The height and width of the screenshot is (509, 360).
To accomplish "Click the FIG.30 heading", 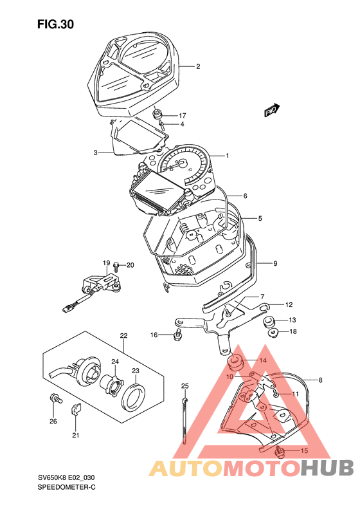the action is tap(55, 24).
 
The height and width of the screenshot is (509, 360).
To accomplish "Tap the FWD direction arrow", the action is tap(272, 110).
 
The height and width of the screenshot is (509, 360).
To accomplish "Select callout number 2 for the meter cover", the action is tap(197, 66).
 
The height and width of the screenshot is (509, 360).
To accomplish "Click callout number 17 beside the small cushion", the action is tap(182, 115).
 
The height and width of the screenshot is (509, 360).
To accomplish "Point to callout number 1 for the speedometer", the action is tap(228, 156).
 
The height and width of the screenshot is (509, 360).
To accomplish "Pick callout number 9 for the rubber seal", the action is tap(275, 263).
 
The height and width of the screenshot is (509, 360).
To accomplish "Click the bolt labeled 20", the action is tap(116, 266).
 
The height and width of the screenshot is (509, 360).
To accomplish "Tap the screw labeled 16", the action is tap(177, 335).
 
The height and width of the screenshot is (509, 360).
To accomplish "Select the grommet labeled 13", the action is tap(268, 320).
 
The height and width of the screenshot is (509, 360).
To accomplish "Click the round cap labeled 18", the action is tap(273, 333).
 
